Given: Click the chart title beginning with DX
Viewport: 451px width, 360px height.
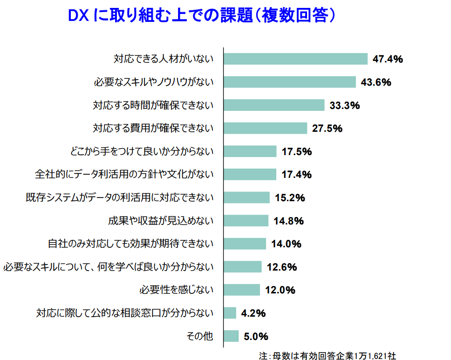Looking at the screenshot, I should [x=202, y=16].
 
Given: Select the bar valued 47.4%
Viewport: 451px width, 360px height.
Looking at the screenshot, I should [x=296, y=59].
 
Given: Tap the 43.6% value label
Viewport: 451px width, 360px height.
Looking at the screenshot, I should [x=376, y=82].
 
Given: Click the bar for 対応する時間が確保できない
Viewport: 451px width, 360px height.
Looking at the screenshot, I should [x=274, y=105].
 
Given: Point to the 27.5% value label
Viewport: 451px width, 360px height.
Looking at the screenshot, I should [x=327, y=129].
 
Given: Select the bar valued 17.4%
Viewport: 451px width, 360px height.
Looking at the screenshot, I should [x=250, y=175].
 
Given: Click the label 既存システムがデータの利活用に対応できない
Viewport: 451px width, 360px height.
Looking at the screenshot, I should [x=119, y=197].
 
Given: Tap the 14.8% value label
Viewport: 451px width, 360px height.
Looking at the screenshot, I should [x=289, y=221].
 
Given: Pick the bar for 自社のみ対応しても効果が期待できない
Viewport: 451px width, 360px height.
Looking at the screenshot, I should [x=245, y=244].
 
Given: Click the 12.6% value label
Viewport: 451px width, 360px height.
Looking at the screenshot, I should [x=282, y=267].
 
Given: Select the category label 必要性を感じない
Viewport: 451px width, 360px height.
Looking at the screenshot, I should [x=176, y=290].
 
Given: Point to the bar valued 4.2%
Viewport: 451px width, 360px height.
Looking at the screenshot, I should [x=230, y=313].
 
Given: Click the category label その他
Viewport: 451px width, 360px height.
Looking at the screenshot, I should [x=199, y=336].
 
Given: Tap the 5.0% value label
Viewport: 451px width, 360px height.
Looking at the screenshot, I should [x=256, y=336].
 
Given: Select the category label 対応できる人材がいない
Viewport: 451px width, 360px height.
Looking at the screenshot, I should [x=164, y=59].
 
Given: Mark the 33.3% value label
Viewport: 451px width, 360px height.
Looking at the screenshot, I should [x=345, y=105].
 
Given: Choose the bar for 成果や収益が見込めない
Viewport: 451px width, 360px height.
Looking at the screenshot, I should [x=246, y=221].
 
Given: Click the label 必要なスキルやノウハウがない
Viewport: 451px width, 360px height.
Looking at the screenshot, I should [x=153, y=82].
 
